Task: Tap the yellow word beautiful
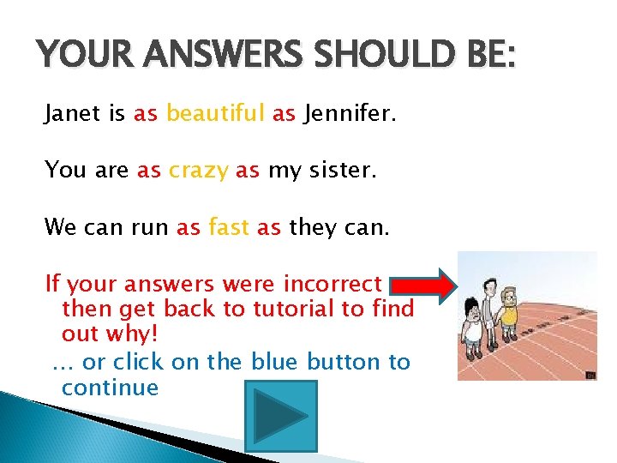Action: [216, 112]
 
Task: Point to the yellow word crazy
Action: [198, 171]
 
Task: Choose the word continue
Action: [110, 388]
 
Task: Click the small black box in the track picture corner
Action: [590, 374]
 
